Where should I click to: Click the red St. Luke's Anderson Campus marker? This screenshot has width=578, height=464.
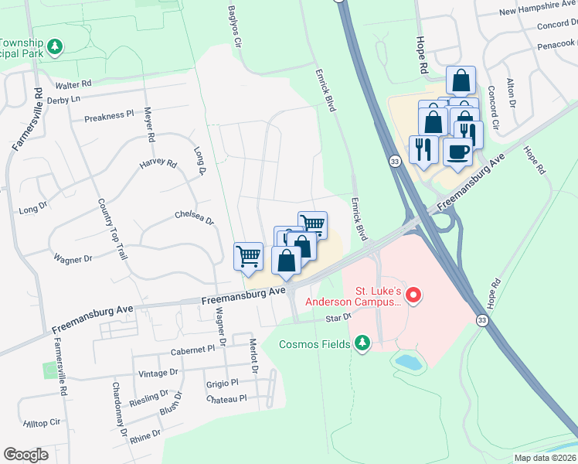413,295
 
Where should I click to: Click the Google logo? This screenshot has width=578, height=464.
25,455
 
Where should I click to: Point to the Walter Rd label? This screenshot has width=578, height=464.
73,84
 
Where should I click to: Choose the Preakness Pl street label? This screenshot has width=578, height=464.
109,116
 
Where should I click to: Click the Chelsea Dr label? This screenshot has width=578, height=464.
194,217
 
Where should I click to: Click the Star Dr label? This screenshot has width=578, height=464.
338,318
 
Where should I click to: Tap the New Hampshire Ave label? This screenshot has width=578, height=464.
538,11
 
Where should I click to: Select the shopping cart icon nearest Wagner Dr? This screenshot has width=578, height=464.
248,255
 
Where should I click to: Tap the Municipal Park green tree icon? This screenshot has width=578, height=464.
55,48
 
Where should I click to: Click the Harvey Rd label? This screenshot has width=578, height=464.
158,164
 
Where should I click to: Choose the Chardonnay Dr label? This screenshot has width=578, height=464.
120,408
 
